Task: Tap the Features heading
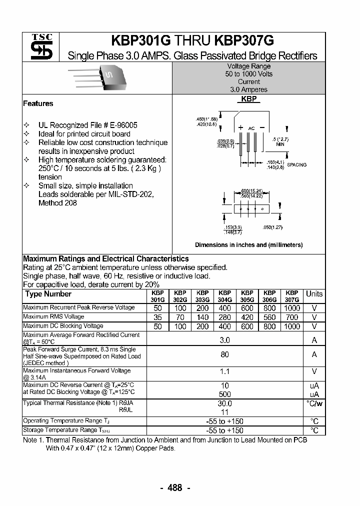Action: coord(38,103)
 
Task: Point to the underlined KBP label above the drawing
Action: coord(248,99)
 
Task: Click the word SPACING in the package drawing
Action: coord(297,164)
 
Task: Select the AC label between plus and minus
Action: coord(251,128)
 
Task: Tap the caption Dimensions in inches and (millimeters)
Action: coord(248,245)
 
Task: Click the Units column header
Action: coord(314,294)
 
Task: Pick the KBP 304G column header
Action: coord(224,296)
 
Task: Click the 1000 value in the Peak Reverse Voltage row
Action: coord(292,308)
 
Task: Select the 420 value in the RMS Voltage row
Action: coord(247,317)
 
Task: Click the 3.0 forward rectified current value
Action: coord(224,340)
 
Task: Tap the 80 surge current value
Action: coord(224,354)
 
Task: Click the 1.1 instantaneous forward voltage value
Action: coord(224,372)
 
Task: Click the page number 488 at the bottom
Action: coord(174,488)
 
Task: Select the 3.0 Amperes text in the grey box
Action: coord(248,89)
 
